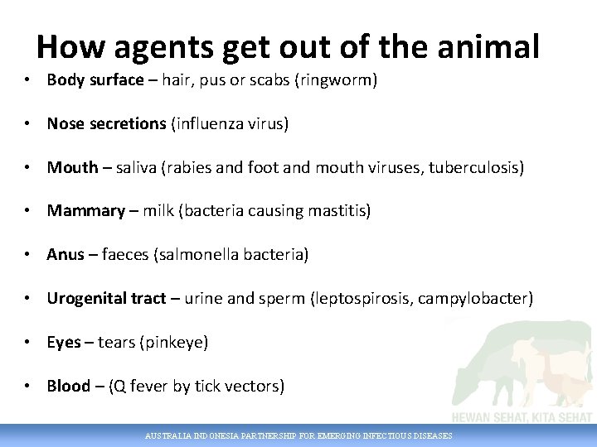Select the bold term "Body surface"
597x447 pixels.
coord(95,80)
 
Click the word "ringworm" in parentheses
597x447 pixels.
coord(337,80)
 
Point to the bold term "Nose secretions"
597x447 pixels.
coord(107,124)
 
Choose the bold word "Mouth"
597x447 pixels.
coord(73,167)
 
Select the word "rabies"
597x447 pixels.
coord(193,167)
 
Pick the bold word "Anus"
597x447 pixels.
coord(66,255)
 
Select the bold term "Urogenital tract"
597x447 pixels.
coord(106,298)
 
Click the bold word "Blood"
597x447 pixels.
coord(68,386)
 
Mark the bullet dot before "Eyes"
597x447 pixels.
coord(28,342)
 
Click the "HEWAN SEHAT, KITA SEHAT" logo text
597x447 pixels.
coord(522,417)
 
